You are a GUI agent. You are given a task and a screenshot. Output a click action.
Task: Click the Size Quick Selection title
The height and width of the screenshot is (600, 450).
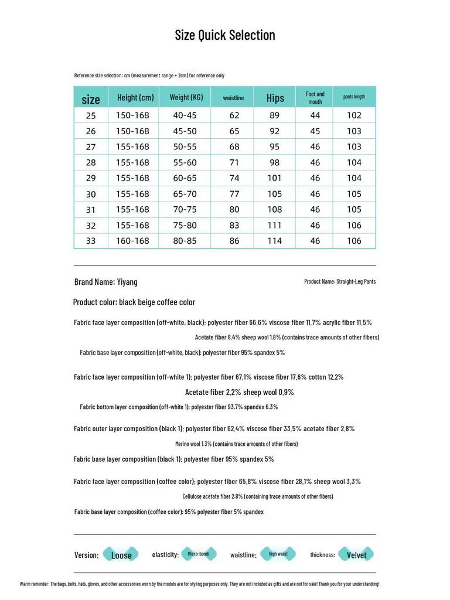tap(225, 35)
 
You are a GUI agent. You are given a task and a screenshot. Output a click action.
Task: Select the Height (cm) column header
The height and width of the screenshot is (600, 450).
tap(135, 97)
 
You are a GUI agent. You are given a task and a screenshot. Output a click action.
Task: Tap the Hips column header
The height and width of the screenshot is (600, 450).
tap(275, 98)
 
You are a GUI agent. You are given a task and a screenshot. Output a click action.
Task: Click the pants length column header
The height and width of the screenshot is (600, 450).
tap(354, 97)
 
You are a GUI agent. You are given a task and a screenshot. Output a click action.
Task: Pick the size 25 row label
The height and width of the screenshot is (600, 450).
tap(91, 115)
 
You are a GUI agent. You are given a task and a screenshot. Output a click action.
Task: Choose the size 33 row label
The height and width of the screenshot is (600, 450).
tap(91, 241)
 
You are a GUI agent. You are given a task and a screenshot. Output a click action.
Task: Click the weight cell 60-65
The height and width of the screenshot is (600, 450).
tap(185, 178)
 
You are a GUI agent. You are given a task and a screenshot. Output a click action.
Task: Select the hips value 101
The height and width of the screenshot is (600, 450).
tap(275, 178)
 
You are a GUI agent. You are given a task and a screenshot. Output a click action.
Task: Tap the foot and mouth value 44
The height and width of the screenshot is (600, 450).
tap(315, 115)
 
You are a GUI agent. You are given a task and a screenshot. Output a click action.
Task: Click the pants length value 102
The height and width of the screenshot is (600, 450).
tap(354, 115)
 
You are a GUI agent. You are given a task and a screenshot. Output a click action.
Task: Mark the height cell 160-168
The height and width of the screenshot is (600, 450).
tap(132, 241)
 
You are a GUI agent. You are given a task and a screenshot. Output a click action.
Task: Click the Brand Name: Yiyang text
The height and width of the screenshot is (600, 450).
tap(106, 282)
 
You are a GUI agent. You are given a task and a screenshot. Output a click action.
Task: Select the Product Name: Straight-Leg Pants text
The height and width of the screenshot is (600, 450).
tap(340, 282)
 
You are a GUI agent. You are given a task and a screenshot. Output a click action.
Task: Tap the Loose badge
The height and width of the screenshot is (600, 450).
tap(121, 555)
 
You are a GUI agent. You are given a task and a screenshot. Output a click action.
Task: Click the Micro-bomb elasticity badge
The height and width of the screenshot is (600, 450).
tap(199, 554)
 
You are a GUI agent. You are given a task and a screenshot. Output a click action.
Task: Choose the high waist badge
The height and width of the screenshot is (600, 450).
tap(278, 554)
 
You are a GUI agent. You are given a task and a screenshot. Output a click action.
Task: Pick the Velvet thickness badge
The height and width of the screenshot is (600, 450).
tap(356, 555)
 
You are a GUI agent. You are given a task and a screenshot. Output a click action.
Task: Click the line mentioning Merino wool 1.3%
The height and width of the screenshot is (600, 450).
tap(236, 444)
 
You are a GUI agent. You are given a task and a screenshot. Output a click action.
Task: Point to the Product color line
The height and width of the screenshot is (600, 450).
tap(134, 302)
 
